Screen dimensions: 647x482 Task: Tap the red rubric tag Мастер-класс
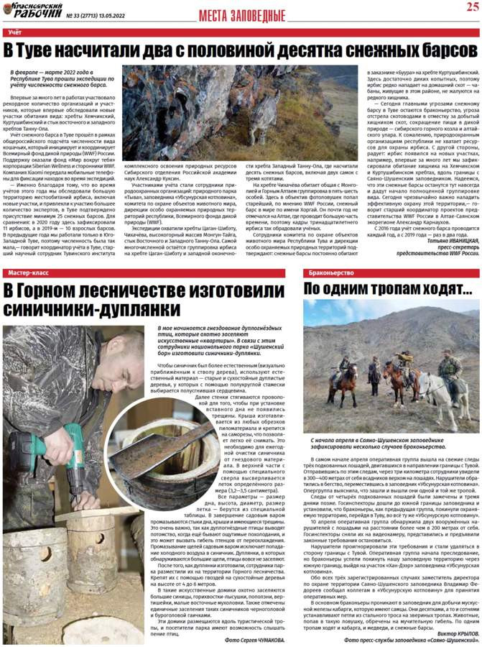pos(27,274)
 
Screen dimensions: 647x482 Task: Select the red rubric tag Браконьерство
pos(331,274)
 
